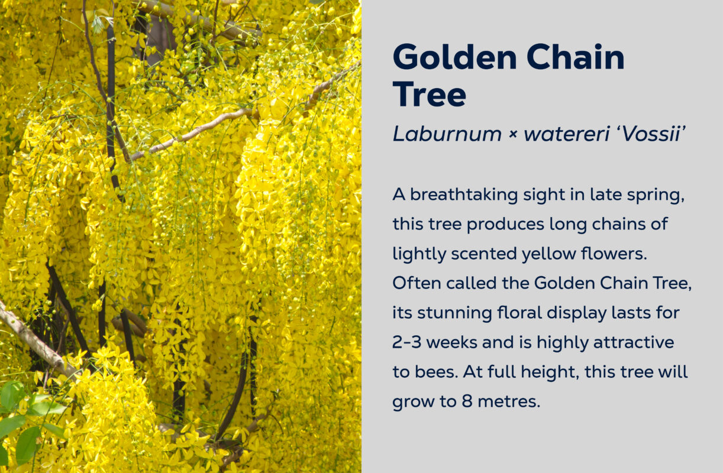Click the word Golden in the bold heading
455,57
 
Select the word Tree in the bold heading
430,94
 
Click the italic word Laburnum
447,134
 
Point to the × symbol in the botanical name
513,135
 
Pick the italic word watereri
567,134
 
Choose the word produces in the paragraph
505,225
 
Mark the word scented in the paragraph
484,254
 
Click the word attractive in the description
634,342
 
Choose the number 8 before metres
467,401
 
